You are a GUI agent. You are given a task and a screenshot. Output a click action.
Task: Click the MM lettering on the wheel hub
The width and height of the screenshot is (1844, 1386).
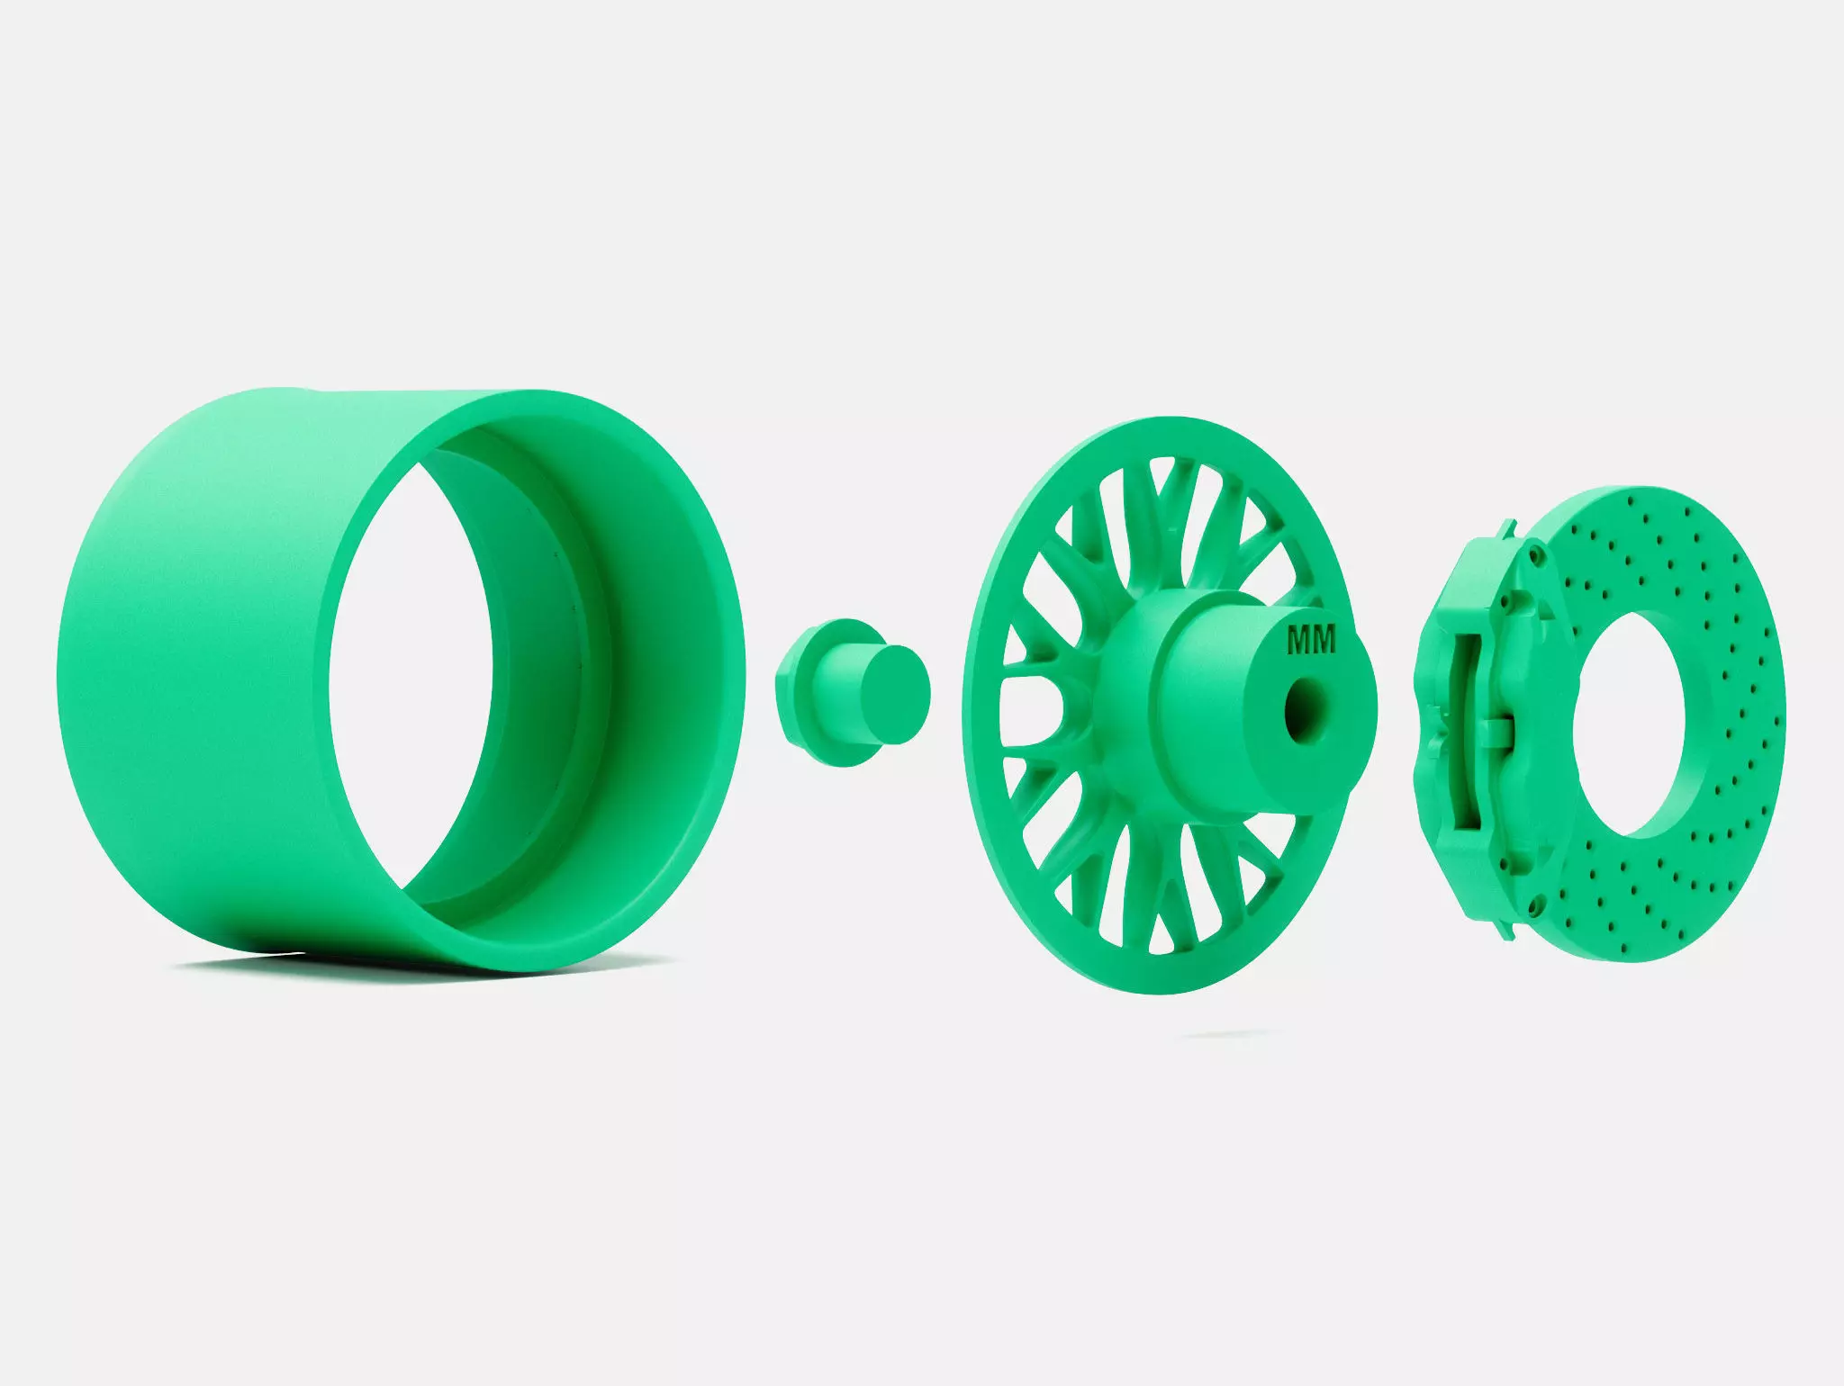[x=1312, y=640]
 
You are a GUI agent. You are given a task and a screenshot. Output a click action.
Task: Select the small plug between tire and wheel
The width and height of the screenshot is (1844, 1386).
[x=851, y=692]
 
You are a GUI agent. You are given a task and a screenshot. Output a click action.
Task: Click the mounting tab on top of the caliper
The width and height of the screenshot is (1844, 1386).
[x=1505, y=531]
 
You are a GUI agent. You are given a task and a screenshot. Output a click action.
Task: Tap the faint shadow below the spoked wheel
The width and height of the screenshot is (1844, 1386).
[x=1225, y=1034]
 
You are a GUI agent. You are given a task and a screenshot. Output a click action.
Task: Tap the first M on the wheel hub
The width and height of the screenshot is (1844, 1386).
[x=1299, y=640]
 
